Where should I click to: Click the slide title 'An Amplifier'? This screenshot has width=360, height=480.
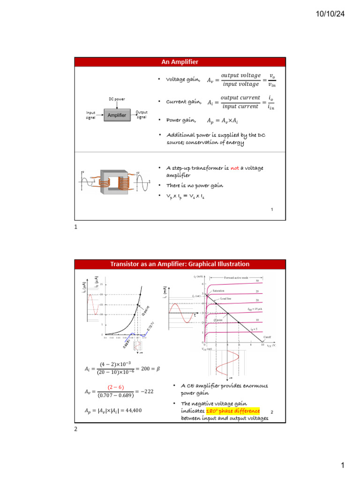click(180, 62)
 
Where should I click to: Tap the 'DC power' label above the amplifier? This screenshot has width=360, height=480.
click(116, 99)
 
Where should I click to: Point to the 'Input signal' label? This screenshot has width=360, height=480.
click(90, 115)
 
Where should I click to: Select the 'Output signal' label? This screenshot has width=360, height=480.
click(142, 115)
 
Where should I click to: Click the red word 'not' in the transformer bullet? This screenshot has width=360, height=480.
click(234, 168)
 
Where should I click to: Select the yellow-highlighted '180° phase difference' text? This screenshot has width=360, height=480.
click(232, 411)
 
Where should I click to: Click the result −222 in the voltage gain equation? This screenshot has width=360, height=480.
click(148, 391)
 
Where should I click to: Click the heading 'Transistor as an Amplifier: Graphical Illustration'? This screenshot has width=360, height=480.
click(180, 264)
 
